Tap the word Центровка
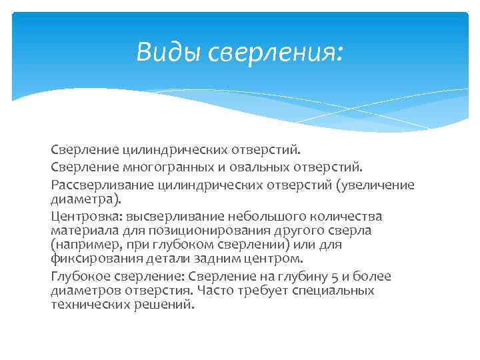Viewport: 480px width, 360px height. tap(81, 217)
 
